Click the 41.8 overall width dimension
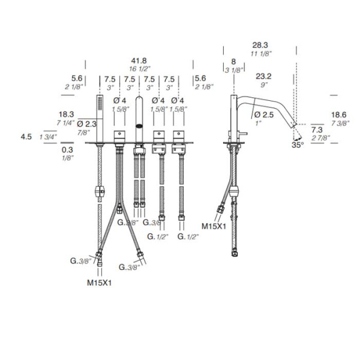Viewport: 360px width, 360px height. [139, 61]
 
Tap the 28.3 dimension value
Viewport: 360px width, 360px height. [260, 45]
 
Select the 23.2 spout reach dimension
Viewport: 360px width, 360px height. [263, 76]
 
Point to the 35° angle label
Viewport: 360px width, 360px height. [298, 145]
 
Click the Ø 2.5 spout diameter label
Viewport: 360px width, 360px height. [264, 115]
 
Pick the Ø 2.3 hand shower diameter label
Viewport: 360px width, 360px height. [87, 124]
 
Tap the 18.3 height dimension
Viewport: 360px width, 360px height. [67, 114]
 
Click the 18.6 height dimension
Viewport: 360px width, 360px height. [339, 115]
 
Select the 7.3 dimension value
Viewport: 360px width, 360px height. [317, 130]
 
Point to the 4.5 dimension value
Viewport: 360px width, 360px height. [26, 137]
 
